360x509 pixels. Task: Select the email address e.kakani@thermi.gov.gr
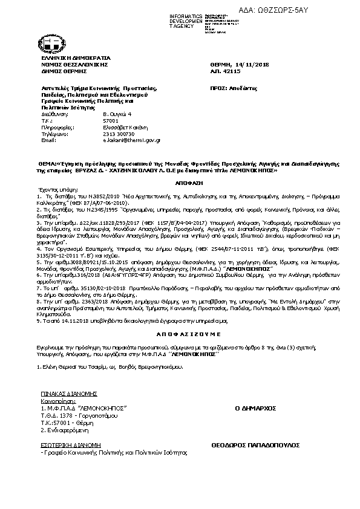pyautogui.click(x=131, y=140)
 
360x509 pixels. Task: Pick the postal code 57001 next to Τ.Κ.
pyautogui.click(x=110, y=120)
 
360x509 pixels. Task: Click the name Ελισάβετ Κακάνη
pyautogui.click(x=123, y=128)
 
